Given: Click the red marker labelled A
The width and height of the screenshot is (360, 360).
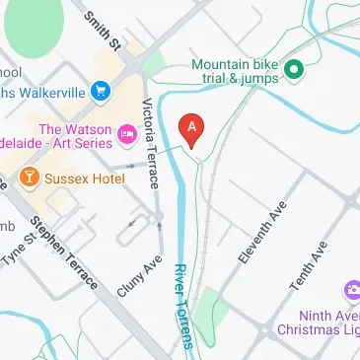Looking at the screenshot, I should click(192, 129).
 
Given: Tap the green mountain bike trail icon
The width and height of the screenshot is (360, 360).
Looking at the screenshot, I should click(293, 69).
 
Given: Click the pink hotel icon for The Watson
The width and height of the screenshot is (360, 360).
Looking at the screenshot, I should click(127, 133).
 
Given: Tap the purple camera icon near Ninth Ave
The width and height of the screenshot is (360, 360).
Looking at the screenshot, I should click(351, 290).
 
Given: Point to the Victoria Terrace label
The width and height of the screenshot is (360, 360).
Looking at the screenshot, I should click(152, 144).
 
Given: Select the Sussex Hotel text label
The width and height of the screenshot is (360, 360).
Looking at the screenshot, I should click(83, 180).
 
